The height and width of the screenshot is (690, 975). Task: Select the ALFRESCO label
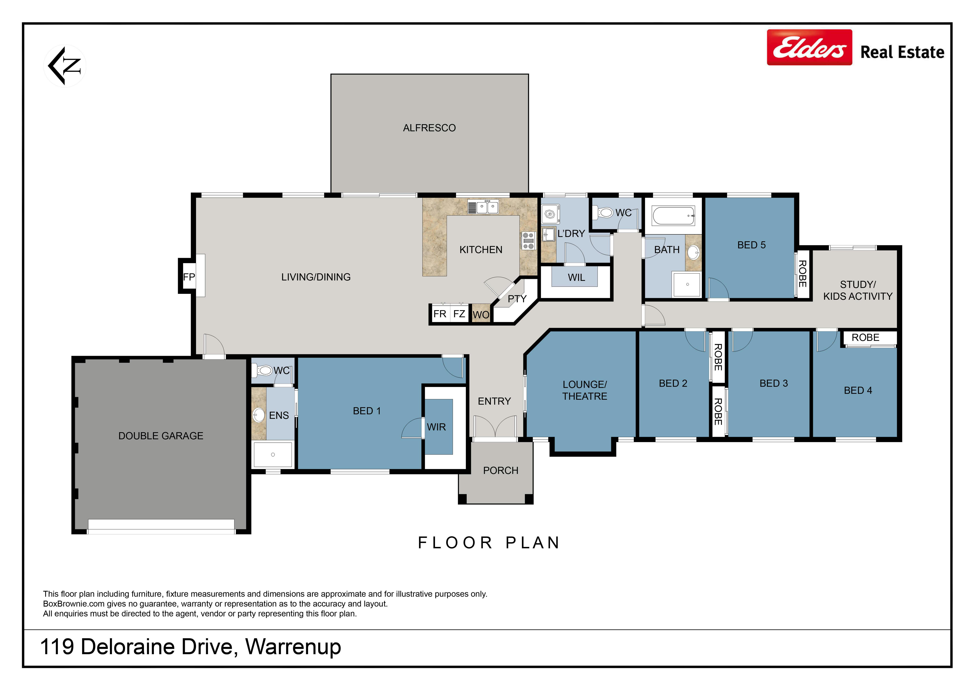click(429, 128)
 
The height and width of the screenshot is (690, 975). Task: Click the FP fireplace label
click(189, 277)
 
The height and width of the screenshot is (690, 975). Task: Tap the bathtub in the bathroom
click(674, 216)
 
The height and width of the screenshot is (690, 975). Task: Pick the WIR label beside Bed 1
click(437, 427)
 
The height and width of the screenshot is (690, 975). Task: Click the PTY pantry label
click(517, 299)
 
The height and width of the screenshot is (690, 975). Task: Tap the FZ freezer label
click(459, 314)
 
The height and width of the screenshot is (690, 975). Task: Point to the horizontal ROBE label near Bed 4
click(865, 338)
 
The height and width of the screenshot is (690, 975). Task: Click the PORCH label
click(501, 471)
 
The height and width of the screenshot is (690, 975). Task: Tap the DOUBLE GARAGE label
click(161, 436)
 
